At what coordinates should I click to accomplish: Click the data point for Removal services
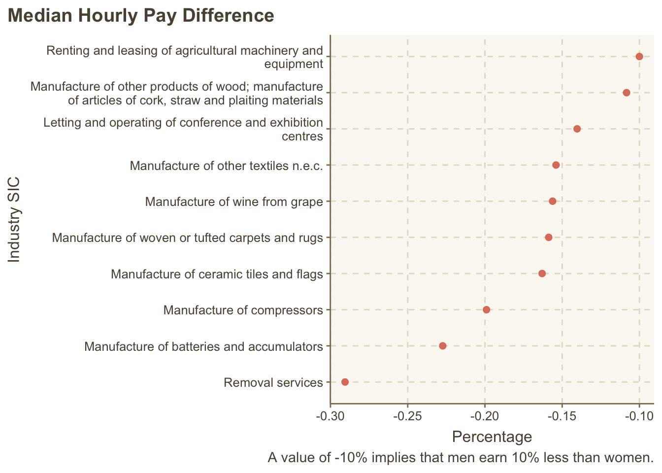pos(345,382)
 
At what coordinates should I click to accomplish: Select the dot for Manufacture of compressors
pos(486,310)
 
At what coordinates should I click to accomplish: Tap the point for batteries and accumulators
pos(442,346)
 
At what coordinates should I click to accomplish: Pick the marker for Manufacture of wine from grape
pos(552,201)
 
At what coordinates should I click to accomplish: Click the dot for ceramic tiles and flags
pos(542,273)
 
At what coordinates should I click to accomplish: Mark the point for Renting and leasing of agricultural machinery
pos(639,57)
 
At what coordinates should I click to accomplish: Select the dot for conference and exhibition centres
pos(577,129)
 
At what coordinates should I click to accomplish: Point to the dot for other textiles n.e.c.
pos(556,165)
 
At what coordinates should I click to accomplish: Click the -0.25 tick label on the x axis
pos(407,416)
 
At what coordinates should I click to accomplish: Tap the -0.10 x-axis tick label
pos(639,416)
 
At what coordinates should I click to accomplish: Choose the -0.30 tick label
pos(330,416)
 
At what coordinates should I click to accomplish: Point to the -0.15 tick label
pos(562,416)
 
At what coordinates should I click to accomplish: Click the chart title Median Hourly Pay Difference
pos(141,16)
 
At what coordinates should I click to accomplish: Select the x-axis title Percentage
pos(492,437)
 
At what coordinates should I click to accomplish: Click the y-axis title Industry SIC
pos(15,220)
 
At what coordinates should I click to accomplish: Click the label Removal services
pos(273,383)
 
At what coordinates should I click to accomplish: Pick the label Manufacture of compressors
pos(243,310)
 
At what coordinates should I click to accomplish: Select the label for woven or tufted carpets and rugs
pos(187,238)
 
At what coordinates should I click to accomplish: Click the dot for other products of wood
pos(626,93)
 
